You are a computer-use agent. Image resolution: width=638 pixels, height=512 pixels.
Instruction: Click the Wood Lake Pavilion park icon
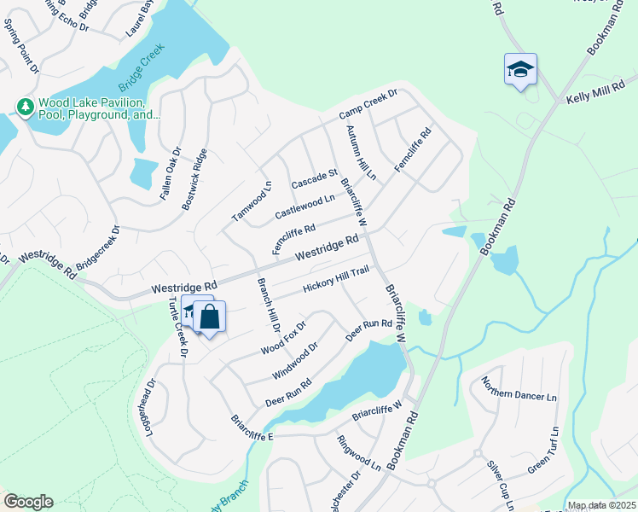tap(26, 107)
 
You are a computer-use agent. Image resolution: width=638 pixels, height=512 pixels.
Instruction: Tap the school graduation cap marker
tap(519, 69)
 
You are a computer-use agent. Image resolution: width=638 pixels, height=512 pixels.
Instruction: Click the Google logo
tap(27, 502)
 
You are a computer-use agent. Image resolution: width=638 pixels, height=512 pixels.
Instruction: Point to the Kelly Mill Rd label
tap(601, 94)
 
